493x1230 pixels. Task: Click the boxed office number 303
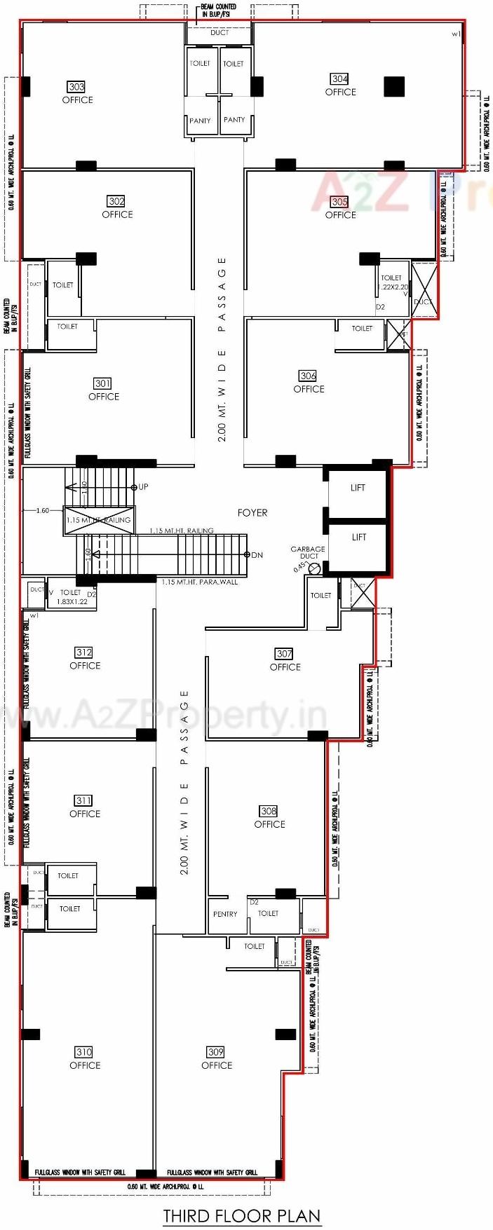pos(76,87)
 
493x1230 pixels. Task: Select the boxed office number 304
pos(340,79)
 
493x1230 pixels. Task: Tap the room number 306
pos(308,376)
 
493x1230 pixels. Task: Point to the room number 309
pos(216,1052)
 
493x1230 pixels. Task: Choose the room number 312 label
pos(84,652)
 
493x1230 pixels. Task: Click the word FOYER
pos(252,513)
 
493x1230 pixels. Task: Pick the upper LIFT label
pos(358,488)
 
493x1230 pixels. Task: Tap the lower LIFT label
pos(359,537)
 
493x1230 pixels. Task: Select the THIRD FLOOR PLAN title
pos(242,1215)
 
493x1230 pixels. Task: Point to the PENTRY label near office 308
pos(225,914)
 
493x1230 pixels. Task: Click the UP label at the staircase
pos(143,486)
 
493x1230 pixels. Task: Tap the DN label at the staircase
pos(257,555)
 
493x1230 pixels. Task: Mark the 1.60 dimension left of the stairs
pos(43,510)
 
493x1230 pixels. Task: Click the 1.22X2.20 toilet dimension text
pos(393,287)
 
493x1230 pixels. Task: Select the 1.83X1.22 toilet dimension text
pos(72,602)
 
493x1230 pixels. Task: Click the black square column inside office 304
pos(394,86)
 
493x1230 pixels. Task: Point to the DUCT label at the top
pos(220,33)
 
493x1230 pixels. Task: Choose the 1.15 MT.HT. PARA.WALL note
pos(199,582)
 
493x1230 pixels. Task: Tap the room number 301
pos(102,383)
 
